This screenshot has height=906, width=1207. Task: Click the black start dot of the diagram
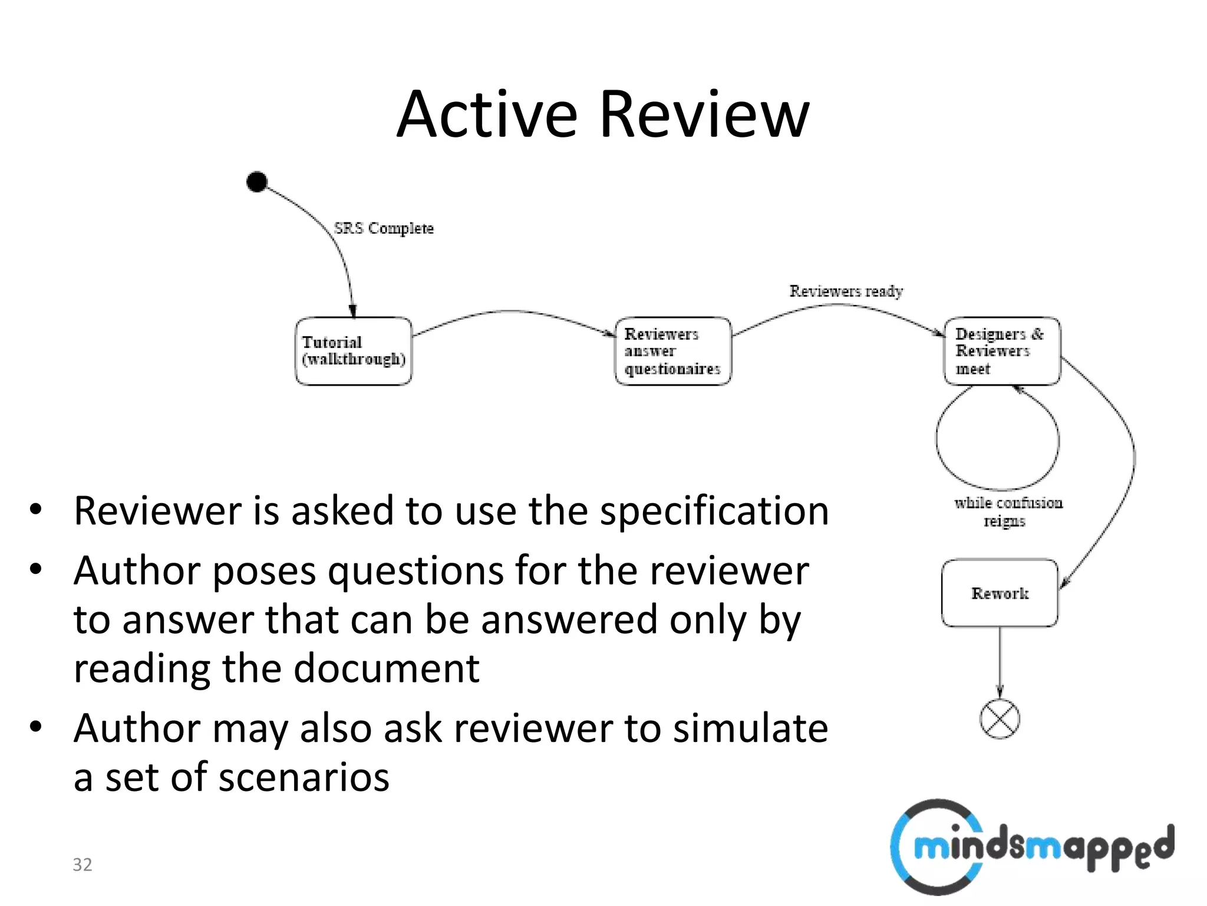257,182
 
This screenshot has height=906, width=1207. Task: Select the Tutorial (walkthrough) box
354,351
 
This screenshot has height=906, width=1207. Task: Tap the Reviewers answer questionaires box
673,351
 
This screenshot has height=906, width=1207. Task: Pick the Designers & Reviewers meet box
1002,351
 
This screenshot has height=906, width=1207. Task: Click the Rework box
1000,593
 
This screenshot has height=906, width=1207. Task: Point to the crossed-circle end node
1000,719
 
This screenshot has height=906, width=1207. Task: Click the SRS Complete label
384,228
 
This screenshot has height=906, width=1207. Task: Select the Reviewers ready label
846,291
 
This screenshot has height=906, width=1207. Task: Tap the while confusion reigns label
1008,511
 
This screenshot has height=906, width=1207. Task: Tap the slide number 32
83,864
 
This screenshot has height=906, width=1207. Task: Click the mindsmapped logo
1031,846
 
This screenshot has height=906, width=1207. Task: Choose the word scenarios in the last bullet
306,777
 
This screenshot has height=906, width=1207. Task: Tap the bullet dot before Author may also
36,727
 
